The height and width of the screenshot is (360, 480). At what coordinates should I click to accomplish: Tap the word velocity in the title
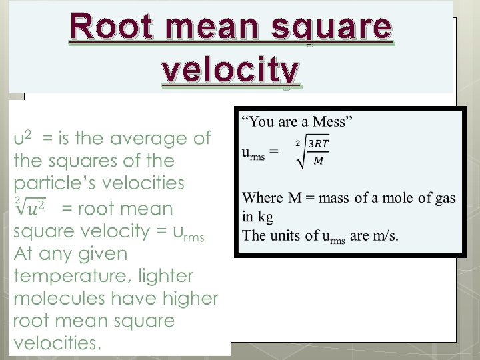pyautogui.click(x=231, y=69)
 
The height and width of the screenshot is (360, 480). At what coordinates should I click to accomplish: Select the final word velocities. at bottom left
pyautogui.click(x=57, y=344)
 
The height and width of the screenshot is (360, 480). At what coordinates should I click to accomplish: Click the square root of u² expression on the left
pyautogui.click(x=30, y=207)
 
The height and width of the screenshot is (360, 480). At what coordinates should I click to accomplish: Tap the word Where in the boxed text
pyautogui.click(x=263, y=198)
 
